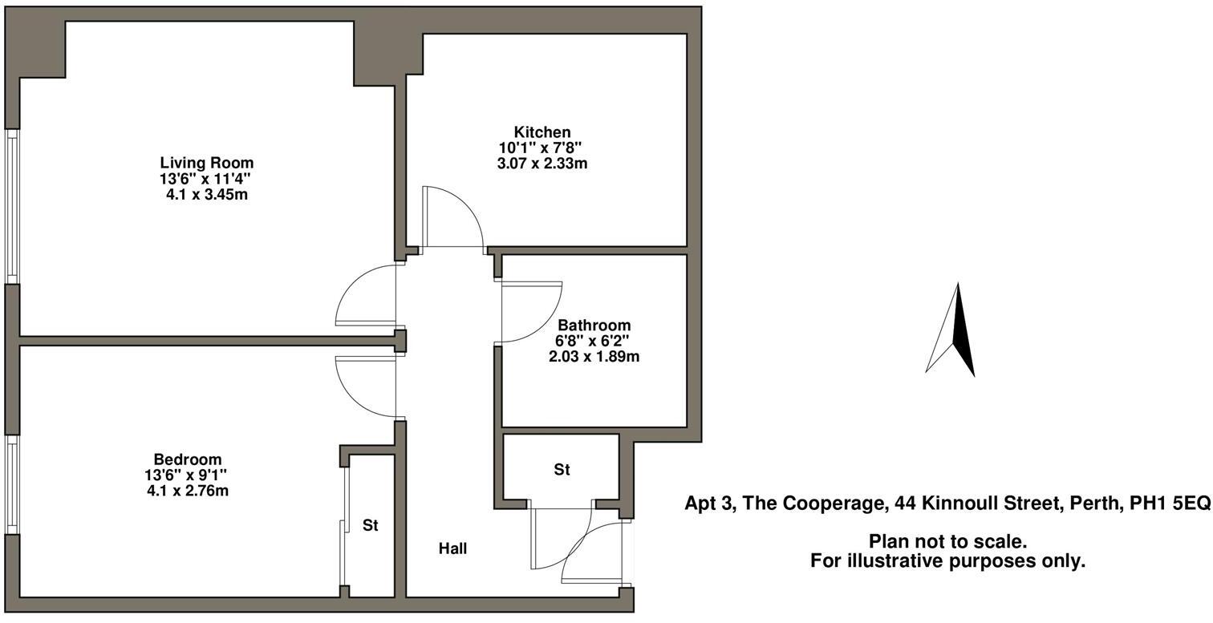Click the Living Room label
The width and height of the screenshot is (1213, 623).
(206, 163)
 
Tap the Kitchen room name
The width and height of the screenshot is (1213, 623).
(542, 132)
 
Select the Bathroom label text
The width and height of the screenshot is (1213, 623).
(594, 326)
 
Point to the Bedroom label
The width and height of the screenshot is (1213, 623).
(187, 459)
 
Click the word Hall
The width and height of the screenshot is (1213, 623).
(452, 549)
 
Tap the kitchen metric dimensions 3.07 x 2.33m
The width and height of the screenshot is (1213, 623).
(542, 164)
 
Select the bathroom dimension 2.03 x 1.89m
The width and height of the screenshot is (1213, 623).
(594, 357)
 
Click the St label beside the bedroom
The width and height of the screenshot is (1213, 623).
(370, 526)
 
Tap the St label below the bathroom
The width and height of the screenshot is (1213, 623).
(562, 470)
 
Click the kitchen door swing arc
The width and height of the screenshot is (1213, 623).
(453, 216)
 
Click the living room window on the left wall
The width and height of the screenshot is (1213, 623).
(12, 206)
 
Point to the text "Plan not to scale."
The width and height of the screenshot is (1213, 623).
(947, 543)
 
